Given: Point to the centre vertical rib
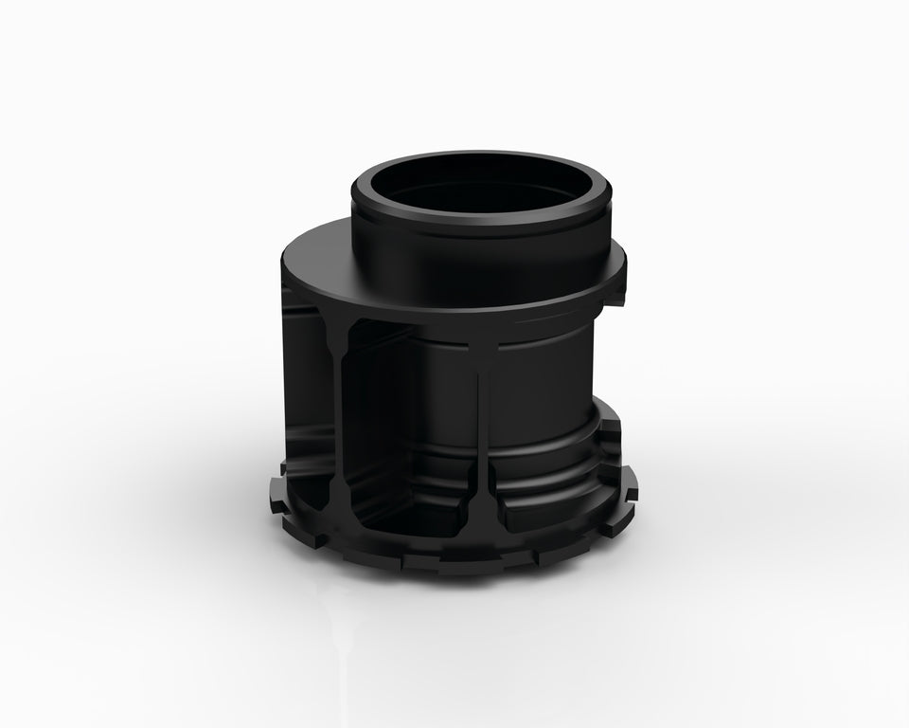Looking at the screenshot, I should tap(486, 427).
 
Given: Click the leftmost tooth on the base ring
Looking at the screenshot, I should tap(276, 493).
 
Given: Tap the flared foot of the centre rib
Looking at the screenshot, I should tap(486, 512).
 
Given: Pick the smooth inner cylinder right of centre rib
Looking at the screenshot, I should tap(540, 398).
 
